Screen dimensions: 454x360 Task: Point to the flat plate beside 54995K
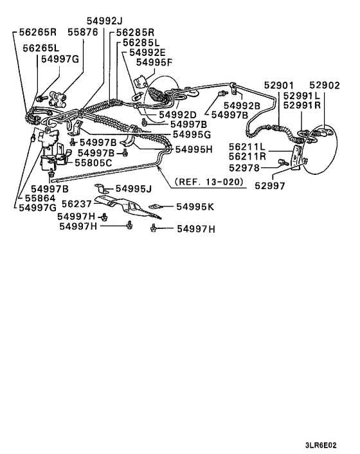(154, 206)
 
